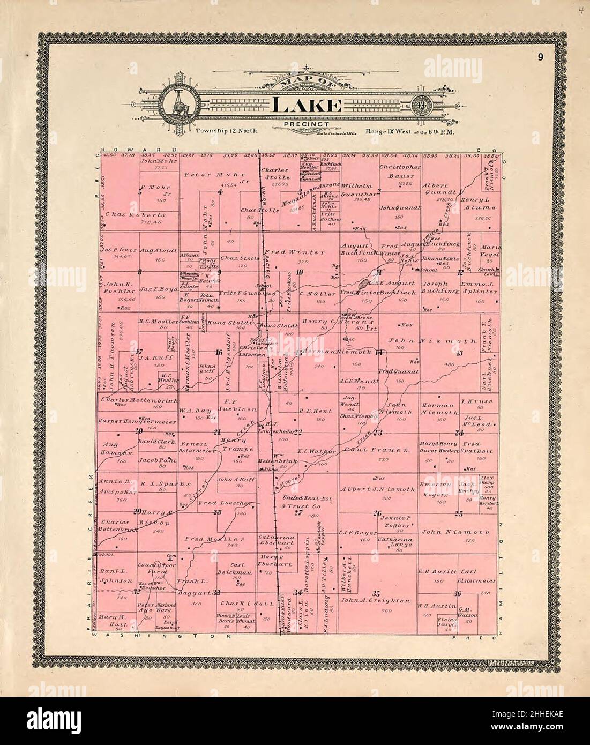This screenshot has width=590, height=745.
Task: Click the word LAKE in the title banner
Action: (307, 106)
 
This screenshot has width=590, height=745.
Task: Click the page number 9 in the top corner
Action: (543, 58)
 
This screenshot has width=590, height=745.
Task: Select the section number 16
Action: (219, 352)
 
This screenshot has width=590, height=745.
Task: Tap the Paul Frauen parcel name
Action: (373, 449)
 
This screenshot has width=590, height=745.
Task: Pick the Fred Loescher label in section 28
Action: (218, 504)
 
